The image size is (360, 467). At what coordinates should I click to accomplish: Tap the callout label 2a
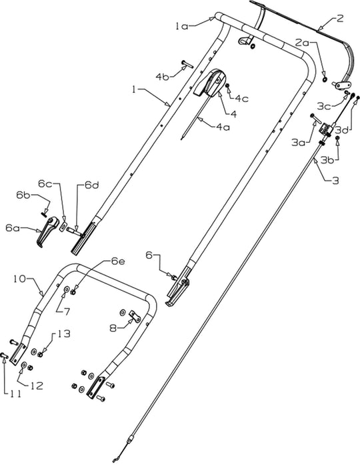tap(302, 43)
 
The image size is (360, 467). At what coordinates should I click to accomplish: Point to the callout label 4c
tap(240, 99)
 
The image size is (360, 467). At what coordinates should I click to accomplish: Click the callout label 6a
tap(13, 227)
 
